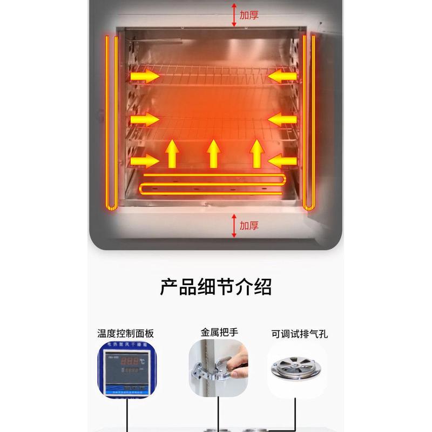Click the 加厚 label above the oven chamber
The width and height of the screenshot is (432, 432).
point(249,15)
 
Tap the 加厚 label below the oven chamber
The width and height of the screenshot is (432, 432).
point(249,225)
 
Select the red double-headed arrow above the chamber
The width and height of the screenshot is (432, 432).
point(234,15)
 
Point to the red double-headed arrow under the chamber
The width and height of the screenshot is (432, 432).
point(234,225)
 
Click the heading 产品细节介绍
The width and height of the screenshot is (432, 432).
point(215,286)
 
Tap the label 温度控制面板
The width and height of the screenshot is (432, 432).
point(126,333)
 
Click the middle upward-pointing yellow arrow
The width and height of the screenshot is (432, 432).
point(214,153)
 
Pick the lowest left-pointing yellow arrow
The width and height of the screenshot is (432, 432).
point(282,160)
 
